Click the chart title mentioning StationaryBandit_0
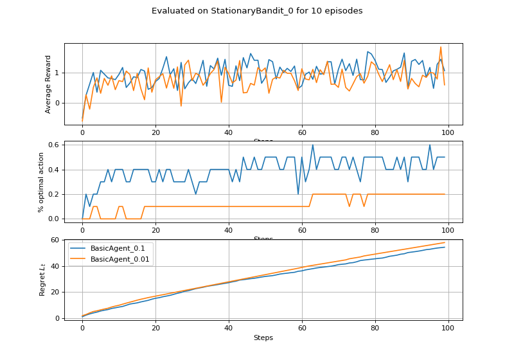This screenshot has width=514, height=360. tap(257, 11)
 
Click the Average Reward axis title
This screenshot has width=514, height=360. tap(48, 84)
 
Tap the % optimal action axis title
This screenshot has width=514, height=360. tap(42, 183)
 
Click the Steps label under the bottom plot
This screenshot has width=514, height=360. tap(263, 337)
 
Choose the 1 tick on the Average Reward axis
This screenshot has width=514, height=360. tap(58, 73)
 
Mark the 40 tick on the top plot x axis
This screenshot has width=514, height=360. tap(229, 132)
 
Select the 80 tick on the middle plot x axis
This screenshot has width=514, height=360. tap(375, 231)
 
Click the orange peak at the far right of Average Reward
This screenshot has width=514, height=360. tap(441, 47)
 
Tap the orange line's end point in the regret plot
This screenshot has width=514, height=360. tap(444, 243)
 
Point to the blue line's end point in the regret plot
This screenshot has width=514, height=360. tap(444, 247)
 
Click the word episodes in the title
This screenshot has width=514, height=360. tap(344, 11)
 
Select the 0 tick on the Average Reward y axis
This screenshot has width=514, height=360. tap(58, 103)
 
